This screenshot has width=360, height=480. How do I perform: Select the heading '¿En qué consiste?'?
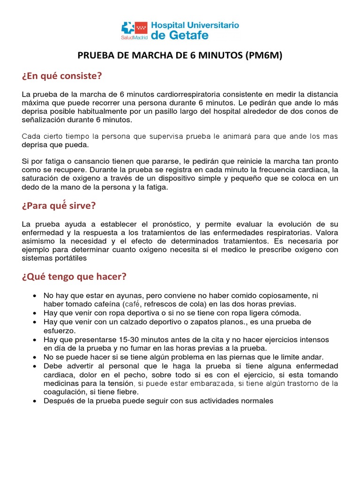pyautogui.click(x=62, y=76)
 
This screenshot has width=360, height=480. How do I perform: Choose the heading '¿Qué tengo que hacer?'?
pyautogui.click(x=74, y=277)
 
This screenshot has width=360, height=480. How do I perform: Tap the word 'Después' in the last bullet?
pyautogui.click(x=58, y=401)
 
